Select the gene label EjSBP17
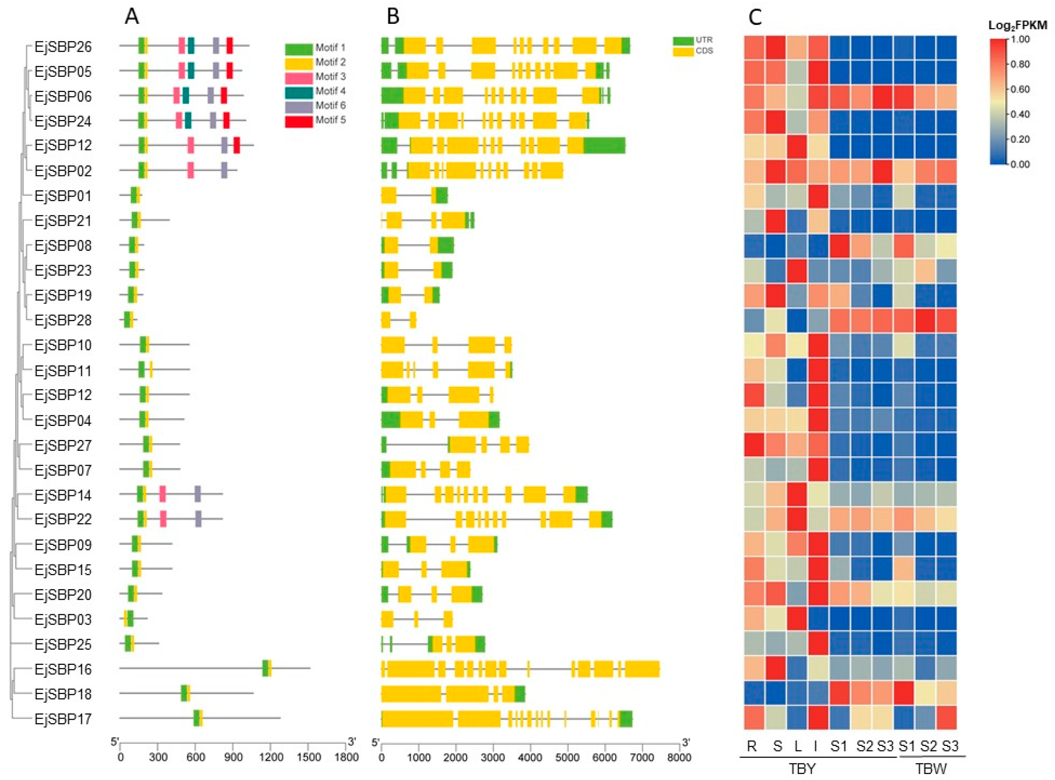[x=63, y=719]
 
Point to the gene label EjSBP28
[x=63, y=321]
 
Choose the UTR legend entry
[x=692, y=41]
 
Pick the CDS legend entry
[x=692, y=51]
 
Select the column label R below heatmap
[x=752, y=746]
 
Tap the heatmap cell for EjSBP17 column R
[x=754, y=718]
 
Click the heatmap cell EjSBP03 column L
[x=797, y=619]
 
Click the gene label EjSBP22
[x=63, y=519]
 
